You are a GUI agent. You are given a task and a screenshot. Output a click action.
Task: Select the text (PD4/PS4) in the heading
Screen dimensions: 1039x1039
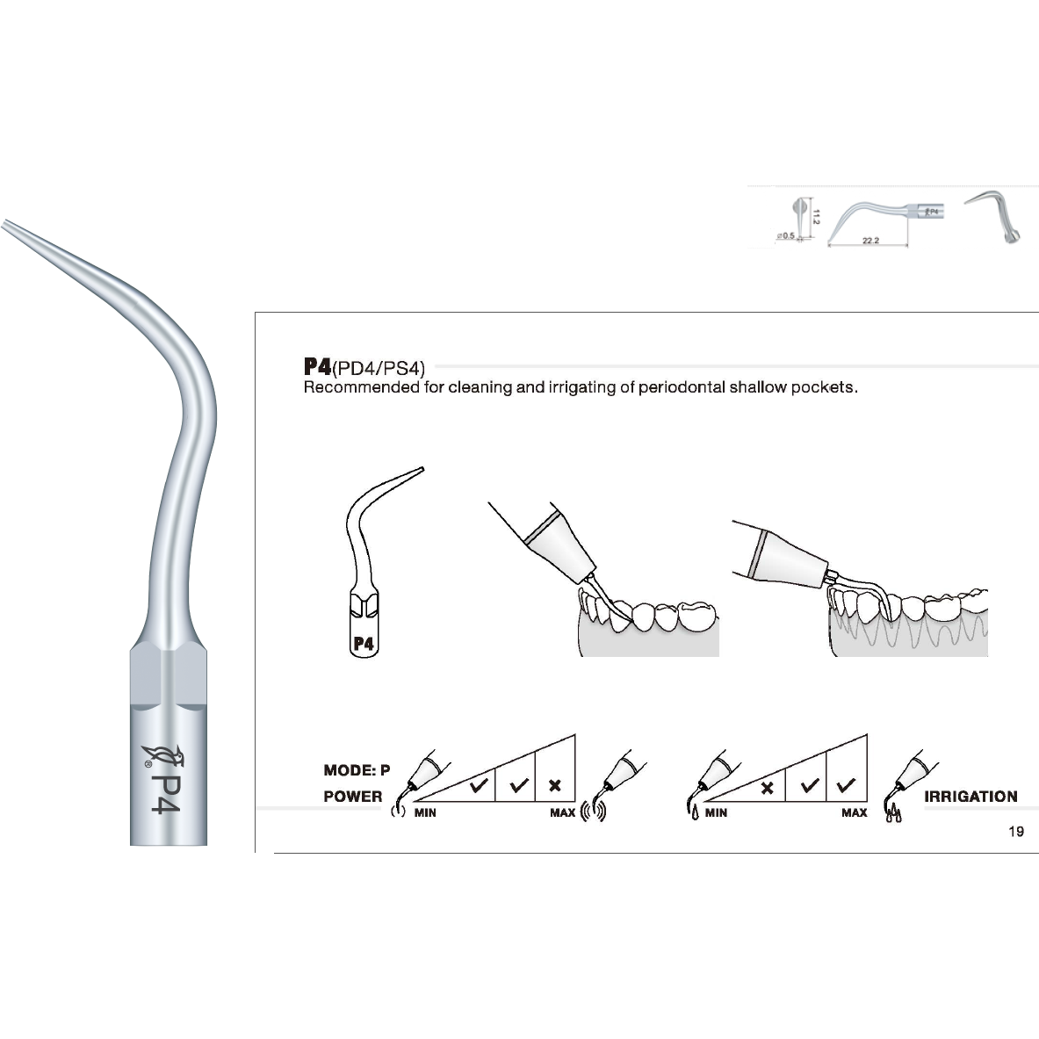click(x=379, y=368)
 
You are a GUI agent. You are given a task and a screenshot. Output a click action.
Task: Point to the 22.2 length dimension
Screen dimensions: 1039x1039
click(x=869, y=241)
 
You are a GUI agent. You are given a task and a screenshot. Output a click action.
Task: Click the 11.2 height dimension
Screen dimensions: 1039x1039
click(x=816, y=215)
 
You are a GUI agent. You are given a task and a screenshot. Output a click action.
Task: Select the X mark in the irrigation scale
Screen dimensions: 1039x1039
click(x=767, y=788)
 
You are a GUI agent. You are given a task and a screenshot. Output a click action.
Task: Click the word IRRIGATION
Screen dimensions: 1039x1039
click(x=970, y=797)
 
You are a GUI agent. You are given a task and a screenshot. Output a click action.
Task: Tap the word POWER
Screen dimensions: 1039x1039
click(x=353, y=797)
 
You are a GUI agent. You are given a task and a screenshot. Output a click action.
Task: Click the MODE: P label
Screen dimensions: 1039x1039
click(x=357, y=770)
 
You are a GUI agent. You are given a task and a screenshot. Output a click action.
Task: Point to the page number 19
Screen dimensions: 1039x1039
click(x=1016, y=832)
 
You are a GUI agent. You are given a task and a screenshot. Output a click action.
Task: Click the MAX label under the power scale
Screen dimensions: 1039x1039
click(x=562, y=813)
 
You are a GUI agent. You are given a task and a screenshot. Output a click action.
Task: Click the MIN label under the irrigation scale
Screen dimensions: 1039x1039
click(x=716, y=813)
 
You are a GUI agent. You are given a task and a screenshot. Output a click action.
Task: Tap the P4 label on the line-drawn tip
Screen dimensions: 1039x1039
click(x=364, y=644)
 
